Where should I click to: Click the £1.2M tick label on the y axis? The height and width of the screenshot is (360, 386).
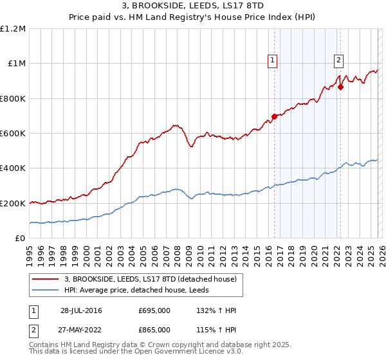[13, 29]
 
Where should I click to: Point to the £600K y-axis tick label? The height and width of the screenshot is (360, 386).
[13, 134]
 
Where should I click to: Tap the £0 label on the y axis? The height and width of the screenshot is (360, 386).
[21, 239]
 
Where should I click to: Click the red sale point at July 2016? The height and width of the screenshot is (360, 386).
[274, 116]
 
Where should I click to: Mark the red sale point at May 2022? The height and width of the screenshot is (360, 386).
[340, 87]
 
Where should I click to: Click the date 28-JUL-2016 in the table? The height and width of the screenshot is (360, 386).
[81, 310]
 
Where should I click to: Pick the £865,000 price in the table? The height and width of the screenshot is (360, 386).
[154, 329]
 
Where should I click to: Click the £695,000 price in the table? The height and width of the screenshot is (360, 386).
[154, 310]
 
